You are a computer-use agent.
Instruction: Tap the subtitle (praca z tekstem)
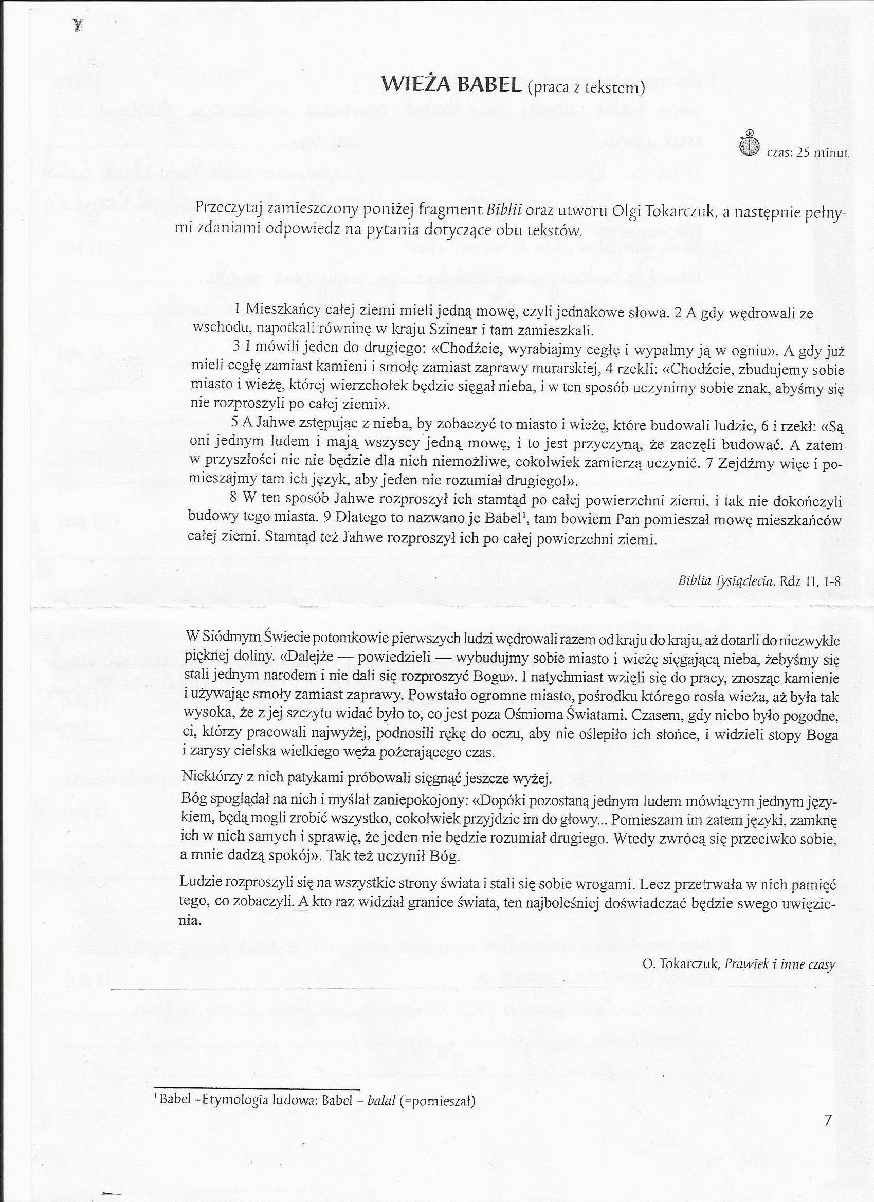click(586, 88)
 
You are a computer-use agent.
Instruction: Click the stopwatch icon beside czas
click(749, 143)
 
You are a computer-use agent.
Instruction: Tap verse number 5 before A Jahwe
click(235, 423)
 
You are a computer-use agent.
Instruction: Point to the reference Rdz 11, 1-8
click(809, 581)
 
